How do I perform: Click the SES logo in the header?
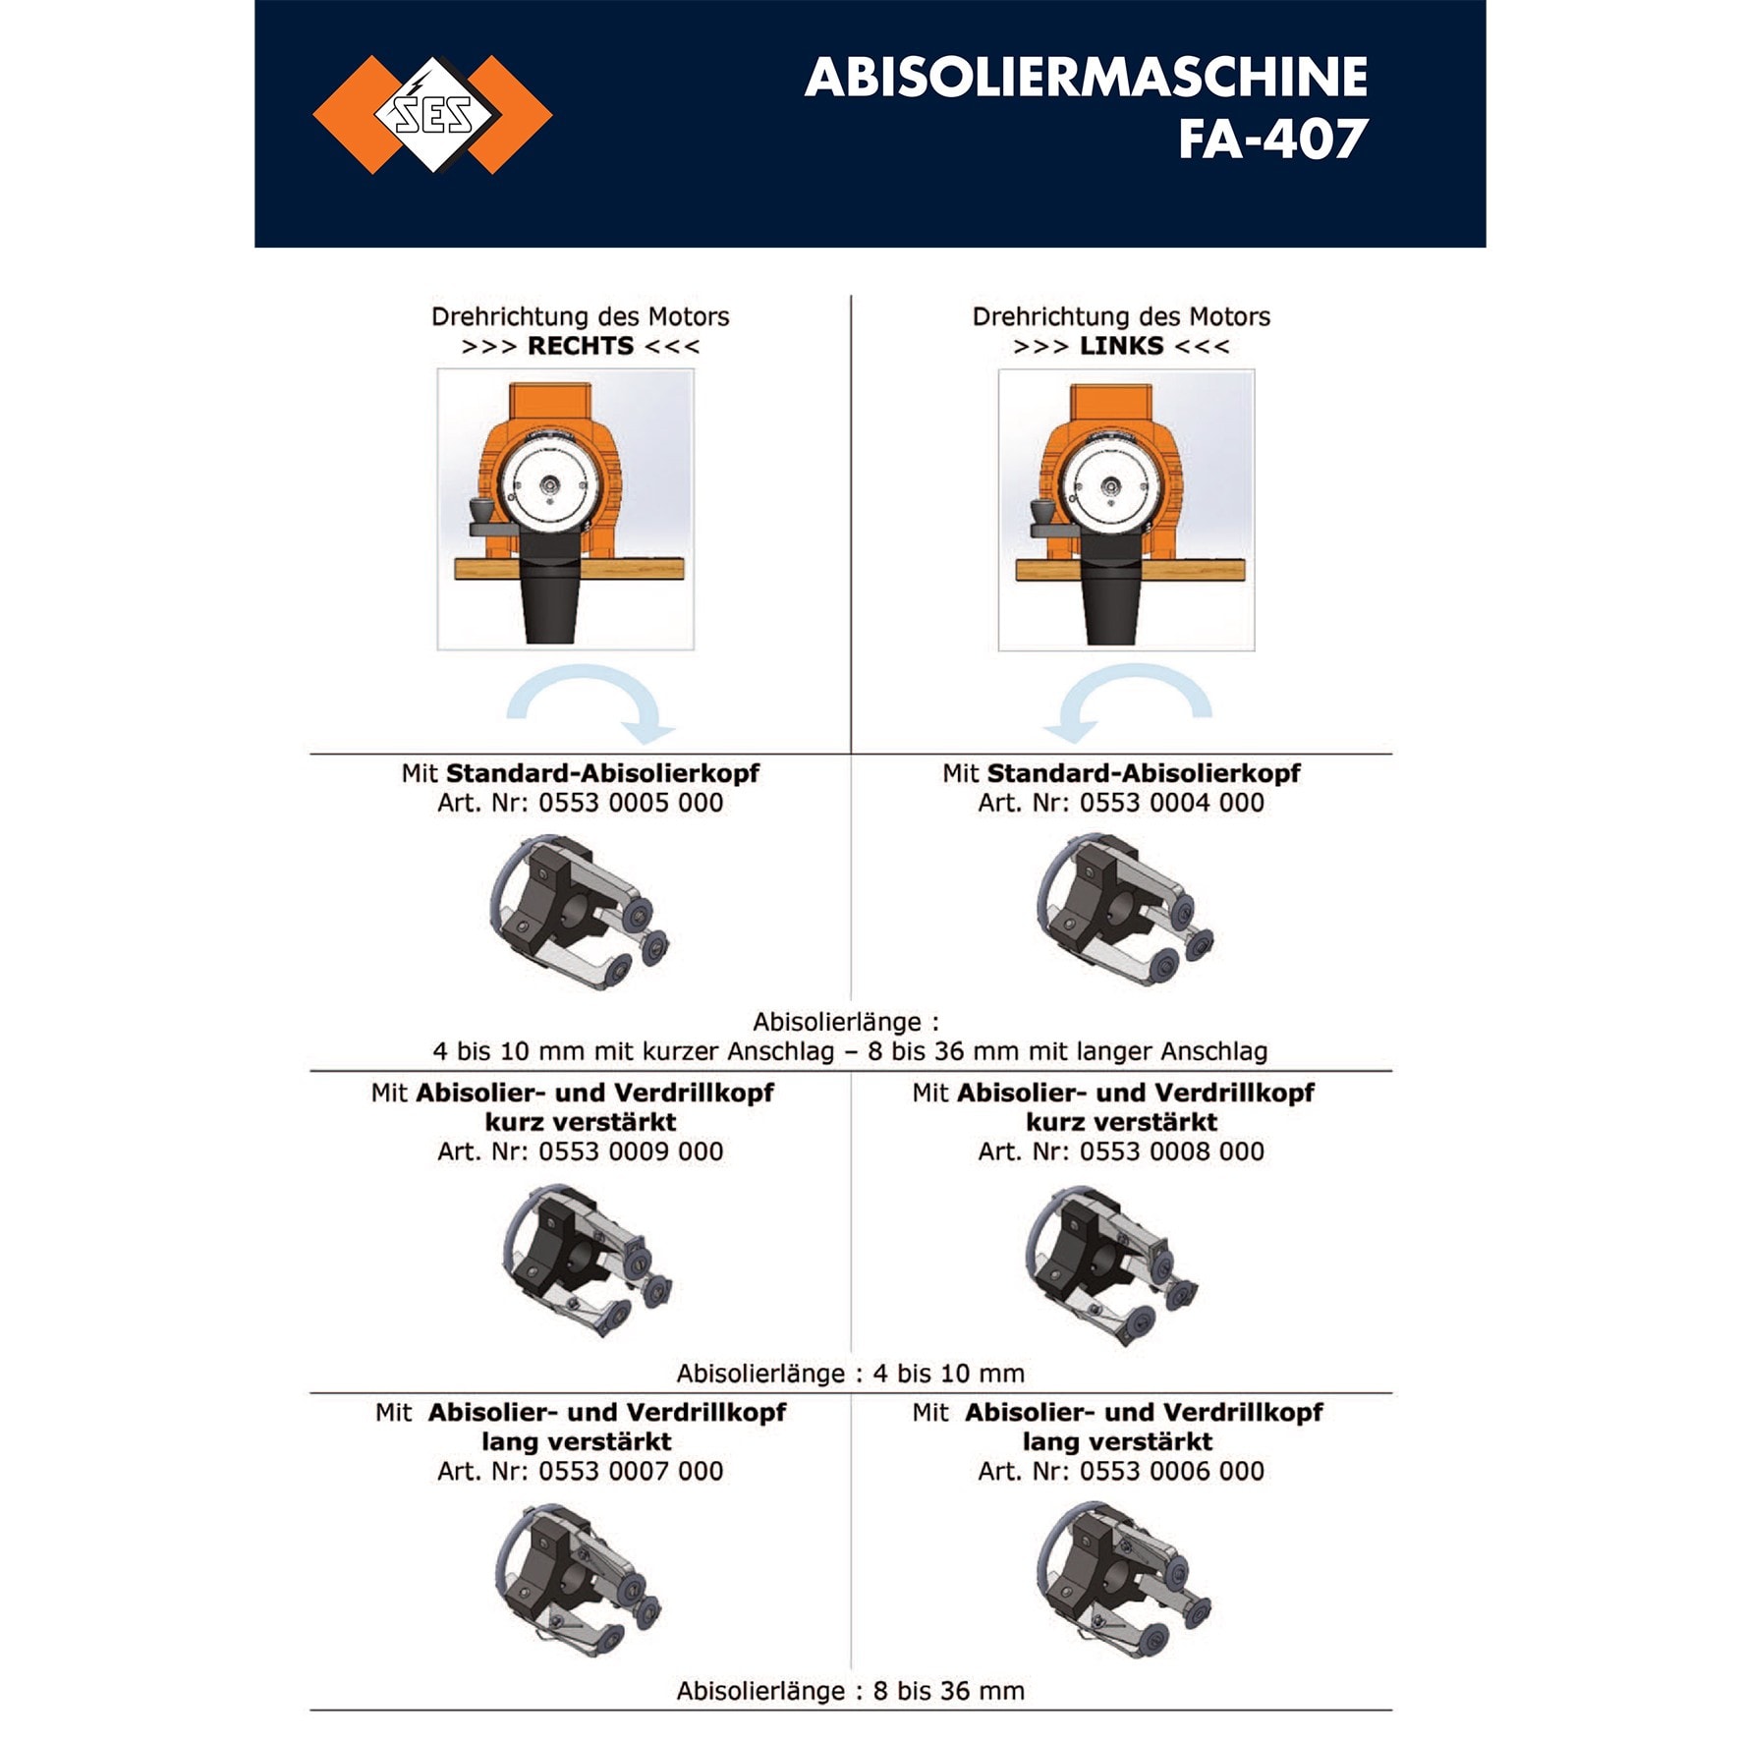[x=432, y=115]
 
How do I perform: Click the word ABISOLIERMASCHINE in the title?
[x=1086, y=77]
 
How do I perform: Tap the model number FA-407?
[x=1272, y=139]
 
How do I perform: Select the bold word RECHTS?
[x=581, y=346]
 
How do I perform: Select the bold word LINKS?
[x=1121, y=346]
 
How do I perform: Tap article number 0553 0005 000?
[x=631, y=803]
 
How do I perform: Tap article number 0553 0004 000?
[x=1172, y=803]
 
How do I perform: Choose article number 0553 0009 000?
[x=631, y=1151]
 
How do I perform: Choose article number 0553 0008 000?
[x=1172, y=1151]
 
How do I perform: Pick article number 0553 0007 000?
[x=631, y=1471]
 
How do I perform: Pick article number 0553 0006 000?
[x=1172, y=1471]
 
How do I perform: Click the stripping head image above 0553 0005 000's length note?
[x=579, y=912]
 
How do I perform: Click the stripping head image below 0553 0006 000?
[x=1123, y=1581]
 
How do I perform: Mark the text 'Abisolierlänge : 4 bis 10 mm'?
[x=851, y=1373]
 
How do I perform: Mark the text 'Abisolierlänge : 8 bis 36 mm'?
[x=851, y=1690]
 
